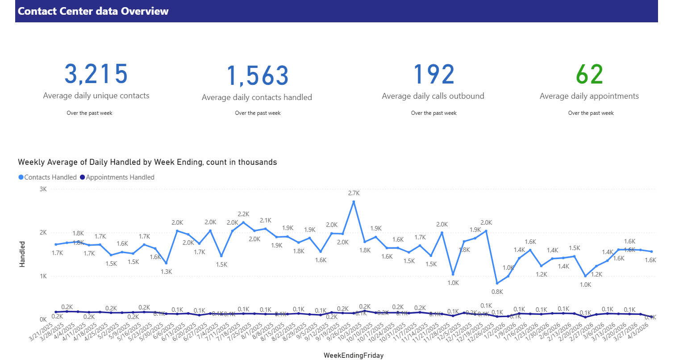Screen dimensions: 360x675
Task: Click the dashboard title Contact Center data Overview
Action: click(93, 11)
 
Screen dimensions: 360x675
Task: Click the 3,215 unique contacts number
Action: click(96, 74)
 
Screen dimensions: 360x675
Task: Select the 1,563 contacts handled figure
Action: click(258, 75)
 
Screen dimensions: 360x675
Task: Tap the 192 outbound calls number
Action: click(433, 74)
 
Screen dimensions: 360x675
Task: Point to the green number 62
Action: click(589, 74)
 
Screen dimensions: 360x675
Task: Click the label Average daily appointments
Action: click(589, 96)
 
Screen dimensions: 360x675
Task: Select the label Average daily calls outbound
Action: click(433, 96)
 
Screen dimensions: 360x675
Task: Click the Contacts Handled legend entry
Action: click(48, 177)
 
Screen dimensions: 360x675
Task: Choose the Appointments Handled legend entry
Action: click(117, 177)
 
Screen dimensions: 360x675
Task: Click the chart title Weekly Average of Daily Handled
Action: click(147, 163)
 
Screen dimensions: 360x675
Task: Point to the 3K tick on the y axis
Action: click(43, 189)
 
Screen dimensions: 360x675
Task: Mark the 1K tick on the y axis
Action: click(43, 276)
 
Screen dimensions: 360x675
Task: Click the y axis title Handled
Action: click(22, 254)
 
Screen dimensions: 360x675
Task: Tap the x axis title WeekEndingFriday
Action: click(354, 356)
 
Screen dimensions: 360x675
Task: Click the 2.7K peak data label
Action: click(354, 193)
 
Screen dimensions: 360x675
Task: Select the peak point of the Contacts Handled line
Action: click(354, 202)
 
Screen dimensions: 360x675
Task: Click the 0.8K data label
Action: click(497, 292)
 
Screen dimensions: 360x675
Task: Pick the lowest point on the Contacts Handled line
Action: click(497, 283)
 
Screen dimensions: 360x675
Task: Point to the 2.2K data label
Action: click(243, 214)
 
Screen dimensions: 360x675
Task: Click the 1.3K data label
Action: click(166, 272)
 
